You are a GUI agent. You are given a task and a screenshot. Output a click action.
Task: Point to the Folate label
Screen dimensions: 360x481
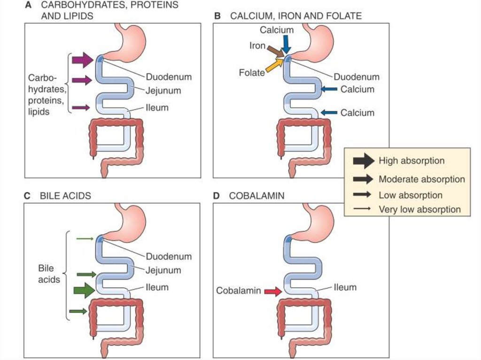coord(251,73)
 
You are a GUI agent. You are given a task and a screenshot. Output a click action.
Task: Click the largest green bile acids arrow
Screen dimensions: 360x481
coord(84,291)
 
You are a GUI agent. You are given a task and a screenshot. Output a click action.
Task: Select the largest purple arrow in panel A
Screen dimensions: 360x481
coord(83,60)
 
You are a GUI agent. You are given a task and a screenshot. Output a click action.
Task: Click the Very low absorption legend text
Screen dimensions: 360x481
coord(419,209)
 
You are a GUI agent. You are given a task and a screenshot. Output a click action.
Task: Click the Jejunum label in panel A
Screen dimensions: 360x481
coord(163,91)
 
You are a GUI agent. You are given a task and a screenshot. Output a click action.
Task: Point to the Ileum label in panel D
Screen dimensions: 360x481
coord(345,287)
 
